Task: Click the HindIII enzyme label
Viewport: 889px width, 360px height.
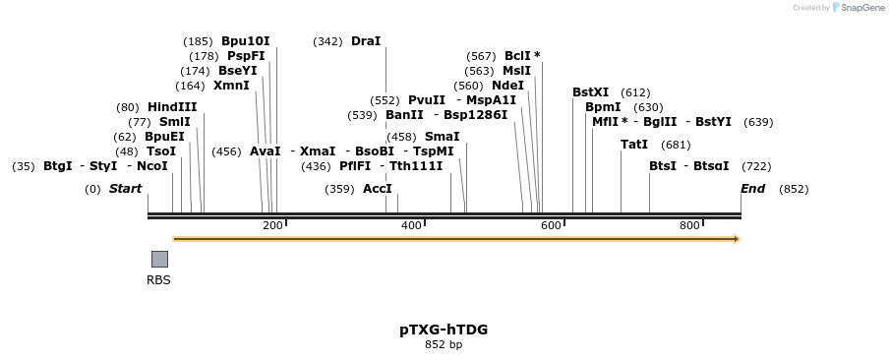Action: coord(172,107)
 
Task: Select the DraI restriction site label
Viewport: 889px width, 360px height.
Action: coord(365,41)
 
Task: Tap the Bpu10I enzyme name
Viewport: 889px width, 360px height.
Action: coord(245,41)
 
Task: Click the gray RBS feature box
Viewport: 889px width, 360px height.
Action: coord(159,259)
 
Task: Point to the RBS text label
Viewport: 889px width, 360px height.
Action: coord(158,280)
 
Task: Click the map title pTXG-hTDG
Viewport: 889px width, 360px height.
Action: coord(444,330)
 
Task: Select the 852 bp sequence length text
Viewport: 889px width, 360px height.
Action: coord(444,345)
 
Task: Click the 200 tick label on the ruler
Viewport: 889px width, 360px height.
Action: coord(272,226)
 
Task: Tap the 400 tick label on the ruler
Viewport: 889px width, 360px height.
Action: coord(411,226)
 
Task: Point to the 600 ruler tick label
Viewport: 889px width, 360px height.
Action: coord(551,226)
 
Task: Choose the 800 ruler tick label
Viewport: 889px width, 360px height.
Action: coord(689,226)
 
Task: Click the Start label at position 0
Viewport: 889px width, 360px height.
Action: coord(125,189)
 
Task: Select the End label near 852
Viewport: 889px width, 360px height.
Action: coord(752,189)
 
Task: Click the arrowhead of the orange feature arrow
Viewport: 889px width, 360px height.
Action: coord(736,239)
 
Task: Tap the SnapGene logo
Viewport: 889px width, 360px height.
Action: coord(858,8)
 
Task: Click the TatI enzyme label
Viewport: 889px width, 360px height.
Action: coord(634,145)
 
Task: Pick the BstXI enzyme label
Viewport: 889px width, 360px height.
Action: coord(590,92)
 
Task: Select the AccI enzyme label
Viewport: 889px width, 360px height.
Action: coord(378,189)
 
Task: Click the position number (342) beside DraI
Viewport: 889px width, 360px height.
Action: coord(327,41)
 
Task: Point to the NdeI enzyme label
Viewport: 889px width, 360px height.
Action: coord(507,86)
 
